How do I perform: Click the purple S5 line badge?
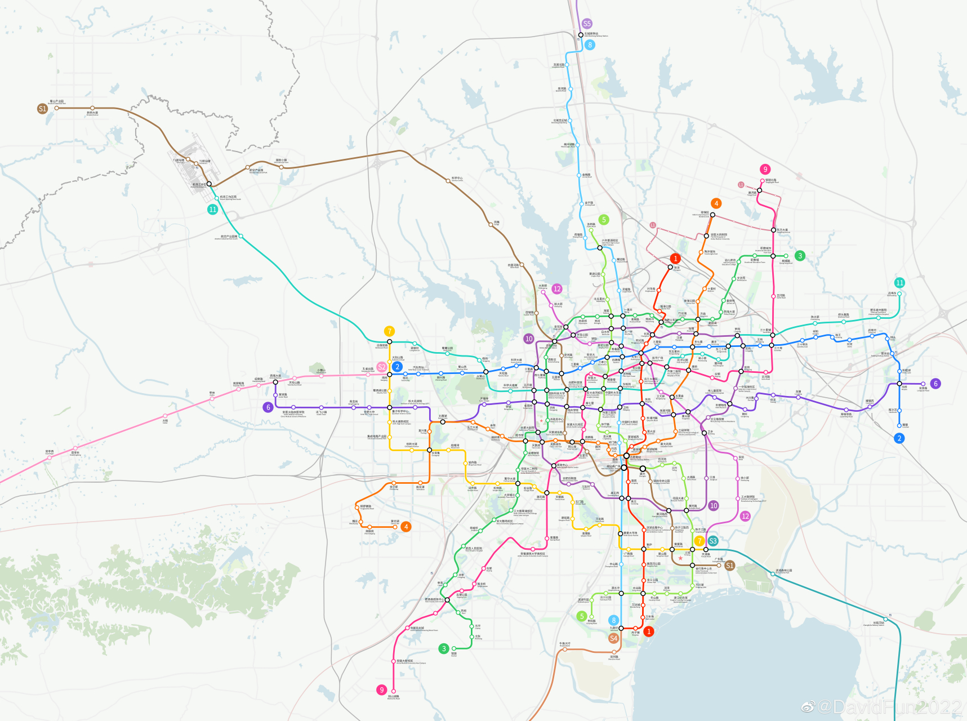[x=587, y=24]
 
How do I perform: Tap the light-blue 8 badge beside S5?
[x=590, y=44]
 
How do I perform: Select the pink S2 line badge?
[x=382, y=367]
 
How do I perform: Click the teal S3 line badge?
[x=712, y=541]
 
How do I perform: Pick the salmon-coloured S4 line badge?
[x=614, y=638]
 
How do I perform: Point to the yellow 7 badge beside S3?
[x=699, y=541]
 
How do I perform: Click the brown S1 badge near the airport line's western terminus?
[x=42, y=109]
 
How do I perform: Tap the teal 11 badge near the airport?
[x=212, y=209]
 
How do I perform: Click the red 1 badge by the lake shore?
[x=649, y=631]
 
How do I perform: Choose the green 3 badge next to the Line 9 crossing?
[x=444, y=648]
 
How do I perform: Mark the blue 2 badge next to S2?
[x=397, y=367]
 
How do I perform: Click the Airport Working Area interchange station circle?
[x=209, y=184]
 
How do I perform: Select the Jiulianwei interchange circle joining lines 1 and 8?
[x=622, y=628]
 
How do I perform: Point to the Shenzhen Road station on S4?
[x=614, y=653]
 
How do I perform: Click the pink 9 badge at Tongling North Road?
[x=765, y=169]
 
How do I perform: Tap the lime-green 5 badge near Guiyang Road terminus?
[x=582, y=616]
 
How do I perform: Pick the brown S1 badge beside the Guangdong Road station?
[x=729, y=566]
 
